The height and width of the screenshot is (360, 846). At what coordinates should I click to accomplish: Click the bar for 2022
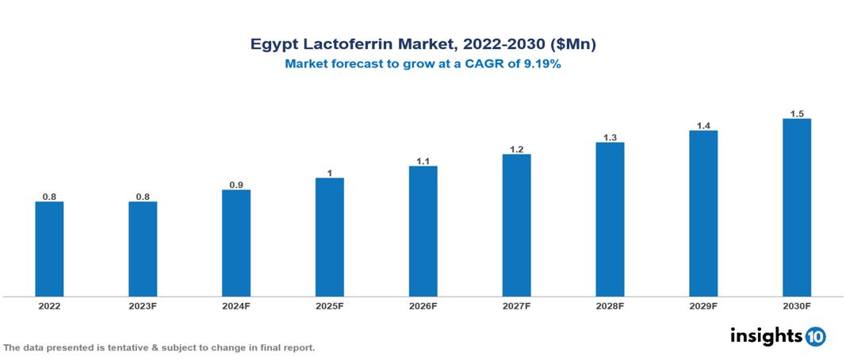tap(49, 249)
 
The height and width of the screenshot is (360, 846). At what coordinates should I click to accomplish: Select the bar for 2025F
tap(329, 237)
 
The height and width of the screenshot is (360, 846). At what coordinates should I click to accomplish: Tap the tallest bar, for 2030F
tap(796, 208)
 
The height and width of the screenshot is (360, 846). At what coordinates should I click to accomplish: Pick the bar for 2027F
tap(516, 225)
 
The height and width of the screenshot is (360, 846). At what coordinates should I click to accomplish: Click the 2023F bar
tap(143, 249)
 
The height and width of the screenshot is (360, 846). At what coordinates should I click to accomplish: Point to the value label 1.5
tap(796, 113)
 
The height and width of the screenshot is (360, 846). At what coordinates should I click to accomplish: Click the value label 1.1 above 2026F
tap(423, 161)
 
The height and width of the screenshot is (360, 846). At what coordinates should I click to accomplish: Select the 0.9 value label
tap(236, 185)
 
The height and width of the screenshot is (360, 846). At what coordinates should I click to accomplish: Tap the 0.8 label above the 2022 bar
tap(49, 197)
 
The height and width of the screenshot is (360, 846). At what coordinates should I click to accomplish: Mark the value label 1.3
tap(610, 137)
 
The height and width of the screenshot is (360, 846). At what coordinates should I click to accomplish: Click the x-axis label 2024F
tap(236, 306)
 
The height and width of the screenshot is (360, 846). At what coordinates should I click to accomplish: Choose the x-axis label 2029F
tap(703, 306)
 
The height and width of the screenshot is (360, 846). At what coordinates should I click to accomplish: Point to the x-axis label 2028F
tap(610, 306)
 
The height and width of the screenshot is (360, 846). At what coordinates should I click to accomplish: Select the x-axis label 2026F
tap(423, 306)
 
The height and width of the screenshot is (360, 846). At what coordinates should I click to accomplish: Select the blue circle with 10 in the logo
tap(815, 336)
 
